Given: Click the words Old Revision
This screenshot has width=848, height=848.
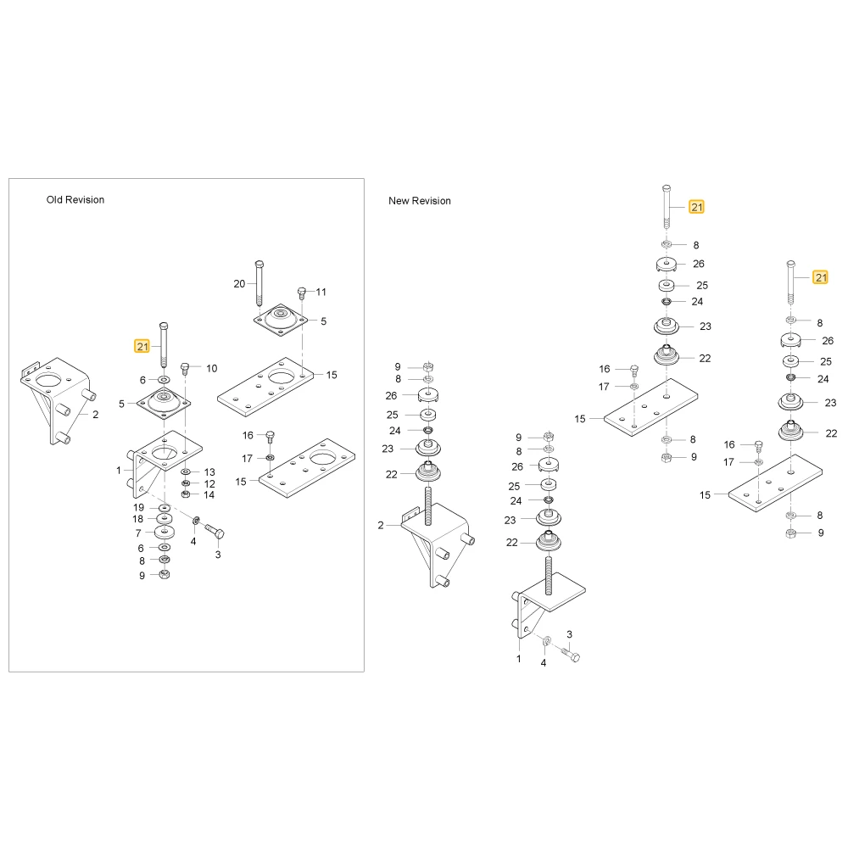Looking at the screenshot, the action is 75,199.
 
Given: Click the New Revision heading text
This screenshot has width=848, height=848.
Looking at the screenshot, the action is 420,201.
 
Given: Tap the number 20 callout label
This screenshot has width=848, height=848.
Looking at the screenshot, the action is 240,283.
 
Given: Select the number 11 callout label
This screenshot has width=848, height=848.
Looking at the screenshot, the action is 321,292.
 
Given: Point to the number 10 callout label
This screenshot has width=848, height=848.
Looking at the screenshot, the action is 211,368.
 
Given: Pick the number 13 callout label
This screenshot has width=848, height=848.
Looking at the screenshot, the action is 209,472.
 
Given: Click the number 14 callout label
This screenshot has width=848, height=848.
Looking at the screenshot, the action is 209,495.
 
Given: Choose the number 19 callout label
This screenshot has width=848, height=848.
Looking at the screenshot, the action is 139,507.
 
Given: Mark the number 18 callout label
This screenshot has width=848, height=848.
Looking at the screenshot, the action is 138,519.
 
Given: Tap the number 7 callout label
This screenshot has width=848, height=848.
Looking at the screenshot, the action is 138,533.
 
